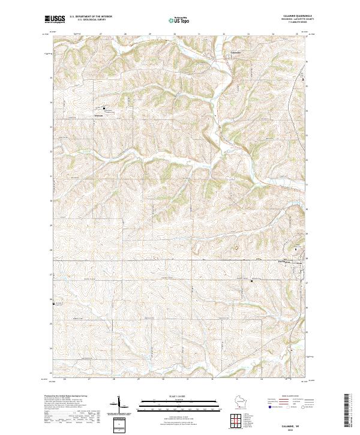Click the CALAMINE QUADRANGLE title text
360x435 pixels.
(299, 16)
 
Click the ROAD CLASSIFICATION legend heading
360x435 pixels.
(290, 396)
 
